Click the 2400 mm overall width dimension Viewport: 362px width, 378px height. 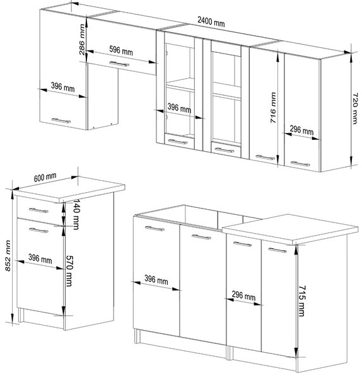pyautogui.click(x=211, y=21)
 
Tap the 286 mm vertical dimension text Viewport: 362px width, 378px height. pyautogui.click(x=82, y=40)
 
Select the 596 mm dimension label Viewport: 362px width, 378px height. pyautogui.click(x=121, y=50)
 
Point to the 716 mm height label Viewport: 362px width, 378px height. pyautogui.click(x=273, y=108)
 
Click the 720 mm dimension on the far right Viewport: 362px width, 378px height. pyautogui.click(x=355, y=108)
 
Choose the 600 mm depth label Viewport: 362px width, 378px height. pyautogui.click(x=45, y=177)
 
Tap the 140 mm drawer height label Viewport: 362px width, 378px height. pyautogui.click(x=76, y=214)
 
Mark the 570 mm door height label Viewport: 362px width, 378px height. pyautogui.click(x=69, y=271)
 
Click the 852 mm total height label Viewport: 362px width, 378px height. pyautogui.click(x=8, y=256)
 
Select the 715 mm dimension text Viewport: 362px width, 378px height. pyautogui.click(x=302, y=301)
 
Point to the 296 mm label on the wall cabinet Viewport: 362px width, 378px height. pyautogui.click(x=301, y=130)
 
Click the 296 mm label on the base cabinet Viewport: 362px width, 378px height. pyautogui.click(x=243, y=296)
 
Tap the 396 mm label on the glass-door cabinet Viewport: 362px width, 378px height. pyautogui.click(x=179, y=108)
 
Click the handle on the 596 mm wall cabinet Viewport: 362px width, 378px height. pyautogui.click(x=119, y=64)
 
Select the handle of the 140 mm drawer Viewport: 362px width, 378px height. pyautogui.click(x=38, y=210)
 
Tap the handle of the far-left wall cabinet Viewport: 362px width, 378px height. pyautogui.click(x=61, y=120)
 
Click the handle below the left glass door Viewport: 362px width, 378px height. pyautogui.click(x=178, y=142)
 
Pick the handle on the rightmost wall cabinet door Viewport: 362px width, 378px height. pyautogui.click(x=300, y=164)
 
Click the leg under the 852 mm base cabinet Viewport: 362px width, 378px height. pyautogui.click(x=21, y=315)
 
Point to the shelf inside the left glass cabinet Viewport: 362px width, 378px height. pyautogui.click(x=180, y=84)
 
